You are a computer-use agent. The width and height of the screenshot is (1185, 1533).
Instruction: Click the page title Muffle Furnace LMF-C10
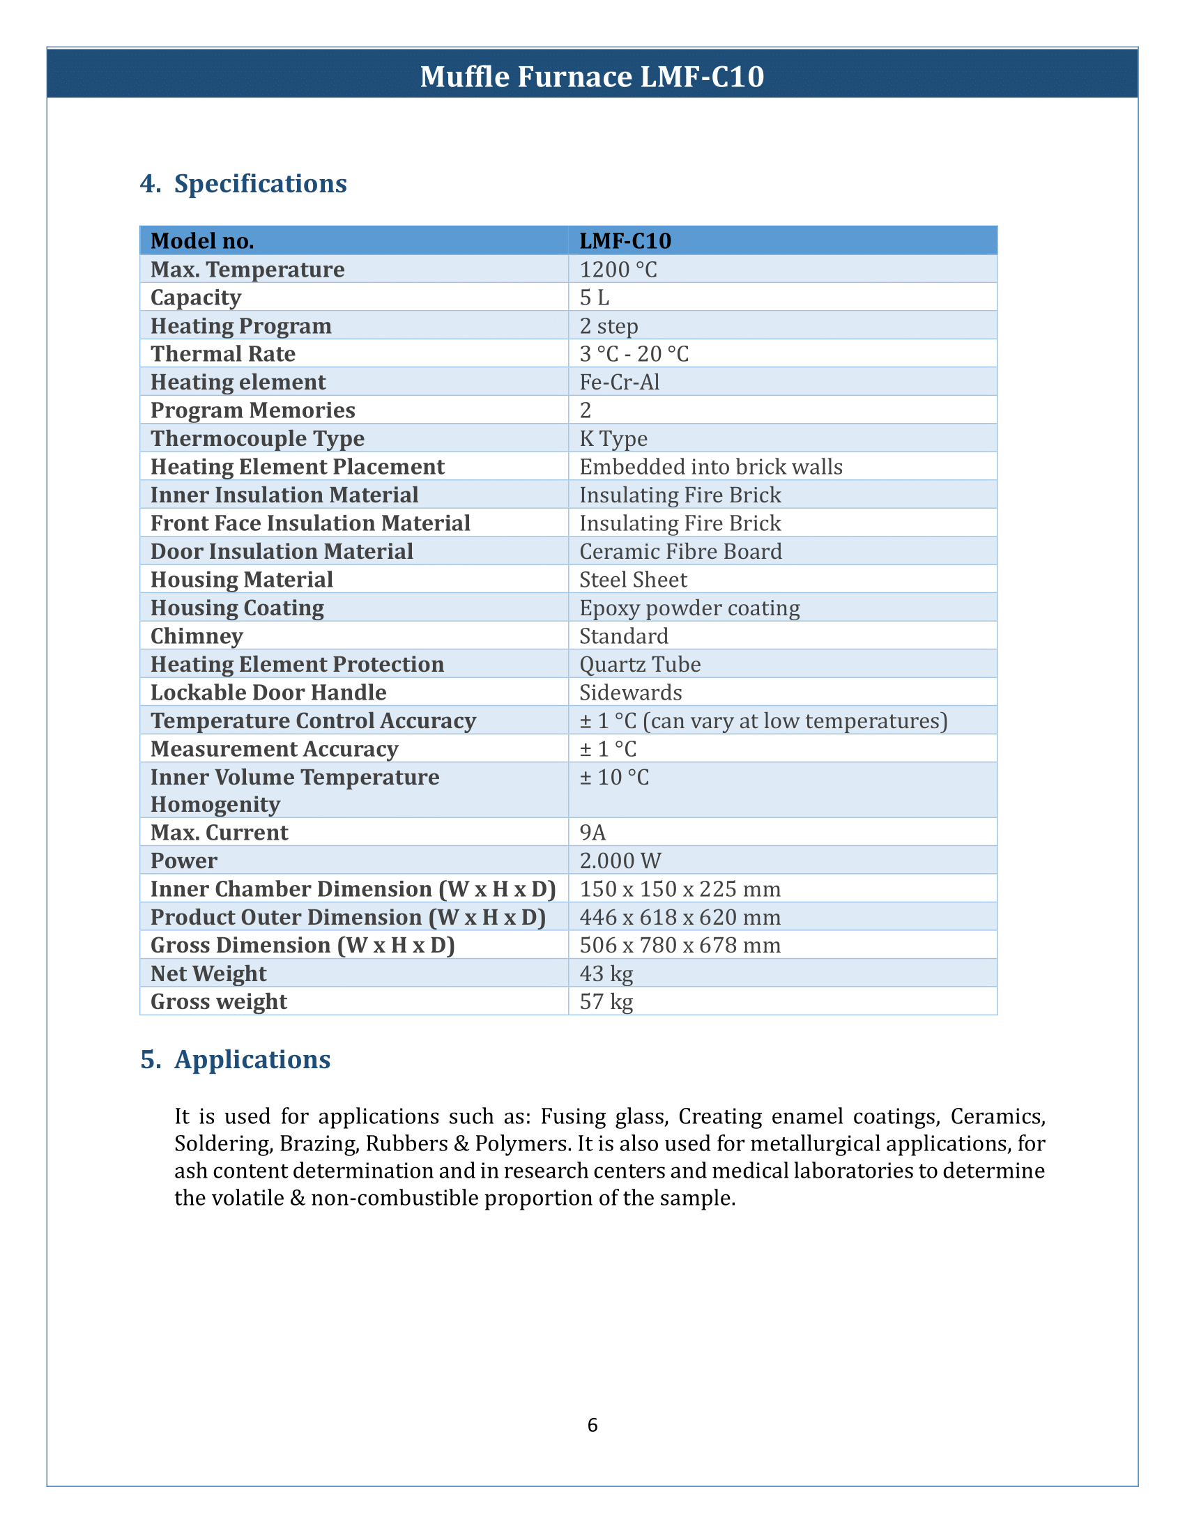pos(592,77)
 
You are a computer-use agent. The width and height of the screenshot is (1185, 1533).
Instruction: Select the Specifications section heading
pos(260,184)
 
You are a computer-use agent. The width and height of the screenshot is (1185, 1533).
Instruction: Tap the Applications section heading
pos(252,1060)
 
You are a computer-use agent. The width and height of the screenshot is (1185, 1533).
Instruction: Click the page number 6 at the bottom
pos(592,1425)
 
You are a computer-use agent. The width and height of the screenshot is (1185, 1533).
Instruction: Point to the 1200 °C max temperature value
pos(618,270)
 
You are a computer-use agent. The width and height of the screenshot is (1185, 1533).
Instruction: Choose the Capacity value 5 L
pos(595,298)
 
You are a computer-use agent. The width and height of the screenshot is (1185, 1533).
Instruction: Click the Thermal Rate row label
pos(223,354)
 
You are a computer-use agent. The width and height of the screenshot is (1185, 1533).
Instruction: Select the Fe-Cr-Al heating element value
pos(620,382)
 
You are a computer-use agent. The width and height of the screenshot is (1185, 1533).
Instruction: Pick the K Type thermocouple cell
pos(613,439)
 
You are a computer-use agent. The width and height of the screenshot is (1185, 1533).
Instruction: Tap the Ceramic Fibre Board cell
pos(680,552)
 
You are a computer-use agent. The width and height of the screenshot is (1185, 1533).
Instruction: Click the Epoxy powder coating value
pos(689,608)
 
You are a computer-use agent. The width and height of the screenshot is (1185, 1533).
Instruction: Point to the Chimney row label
pos(197,636)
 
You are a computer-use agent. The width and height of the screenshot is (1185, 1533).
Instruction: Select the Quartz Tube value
pos(639,664)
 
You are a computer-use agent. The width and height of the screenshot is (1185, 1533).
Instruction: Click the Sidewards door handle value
pos(630,693)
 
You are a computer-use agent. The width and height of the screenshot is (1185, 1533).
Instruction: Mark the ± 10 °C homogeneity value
pos(614,777)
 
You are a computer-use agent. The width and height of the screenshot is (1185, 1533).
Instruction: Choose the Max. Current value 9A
pos(592,833)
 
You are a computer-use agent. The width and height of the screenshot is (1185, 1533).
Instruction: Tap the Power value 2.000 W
pos(620,861)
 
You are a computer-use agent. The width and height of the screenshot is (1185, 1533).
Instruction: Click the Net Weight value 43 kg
pos(606,973)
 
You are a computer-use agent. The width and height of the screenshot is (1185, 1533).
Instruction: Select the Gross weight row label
pos(219,1001)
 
